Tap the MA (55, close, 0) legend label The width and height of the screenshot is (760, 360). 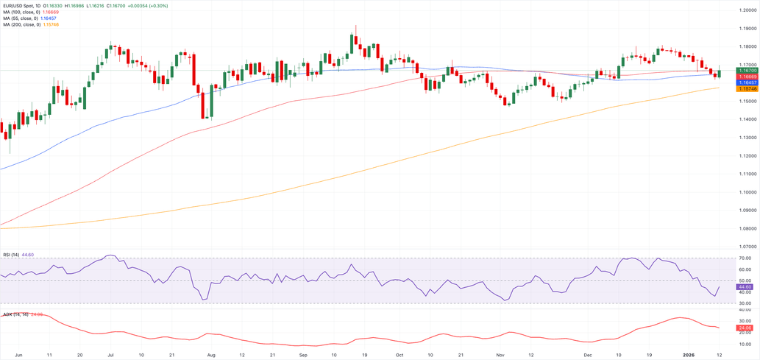(x=18, y=18)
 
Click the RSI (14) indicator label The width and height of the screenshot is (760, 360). (x=10, y=254)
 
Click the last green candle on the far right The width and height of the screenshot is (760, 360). (x=719, y=73)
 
